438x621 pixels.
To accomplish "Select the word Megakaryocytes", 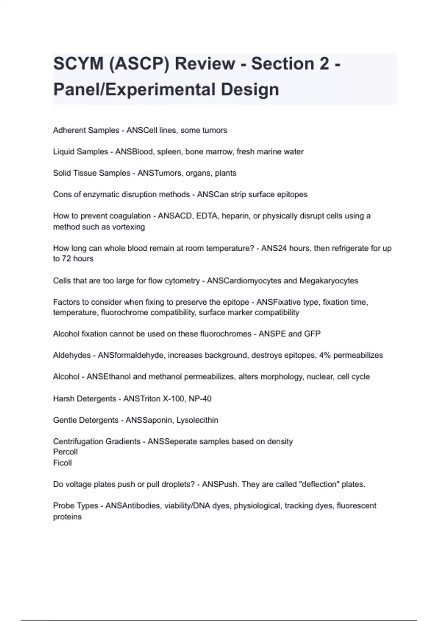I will [328, 281].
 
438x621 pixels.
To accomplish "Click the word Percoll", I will [65, 452].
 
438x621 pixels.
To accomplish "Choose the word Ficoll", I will [62, 463].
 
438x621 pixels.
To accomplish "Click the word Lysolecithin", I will [197, 420].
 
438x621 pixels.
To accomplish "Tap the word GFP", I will [312, 334].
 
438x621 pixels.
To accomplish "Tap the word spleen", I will [169, 152].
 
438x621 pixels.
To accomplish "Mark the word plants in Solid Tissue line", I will [226, 173].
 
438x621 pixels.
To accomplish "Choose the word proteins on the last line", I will [67, 517].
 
